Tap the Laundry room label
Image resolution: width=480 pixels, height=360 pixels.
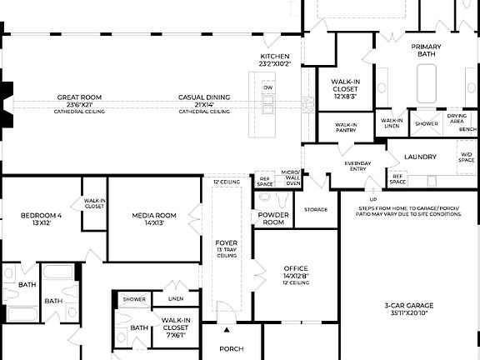click(421, 157)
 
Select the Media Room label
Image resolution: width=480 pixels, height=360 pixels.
click(154, 219)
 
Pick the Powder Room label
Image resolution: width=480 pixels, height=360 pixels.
click(273, 219)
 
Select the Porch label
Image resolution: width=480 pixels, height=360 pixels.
click(231, 349)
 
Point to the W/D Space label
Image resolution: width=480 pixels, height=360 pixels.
click(467, 156)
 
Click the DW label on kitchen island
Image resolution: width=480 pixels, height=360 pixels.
click(267, 87)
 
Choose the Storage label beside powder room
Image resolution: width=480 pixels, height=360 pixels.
click(316, 210)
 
